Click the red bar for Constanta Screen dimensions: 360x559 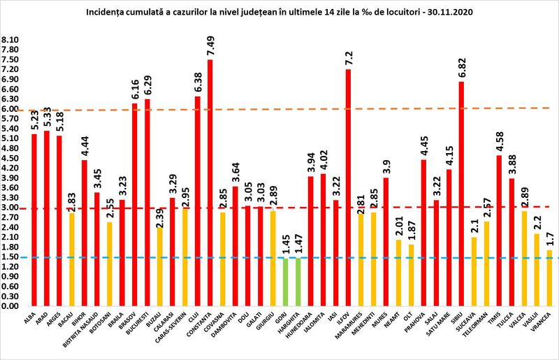[x=210, y=183]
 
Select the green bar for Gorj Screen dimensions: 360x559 [x=286, y=282]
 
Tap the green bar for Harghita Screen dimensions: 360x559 [x=298, y=282]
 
